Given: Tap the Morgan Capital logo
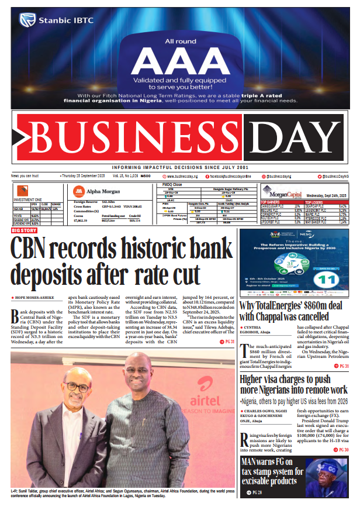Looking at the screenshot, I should click(x=276, y=191).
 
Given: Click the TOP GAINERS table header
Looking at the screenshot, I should click(x=272, y=202).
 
